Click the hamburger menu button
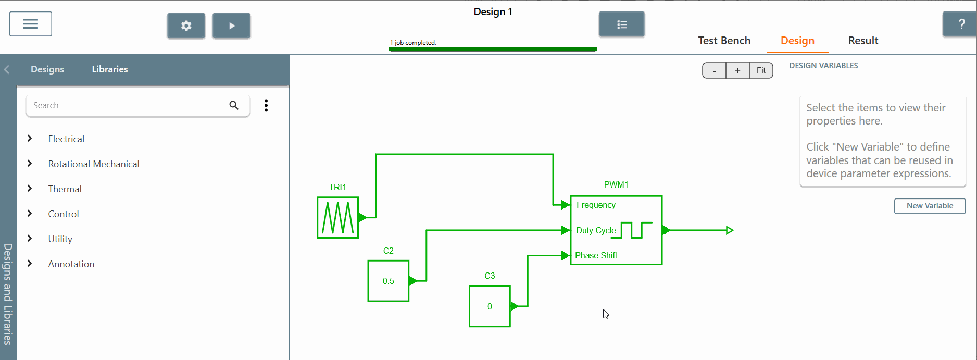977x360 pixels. coord(30,24)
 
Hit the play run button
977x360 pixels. coord(232,26)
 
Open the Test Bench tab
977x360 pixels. coord(724,41)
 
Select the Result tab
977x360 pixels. coord(863,41)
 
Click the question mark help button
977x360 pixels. coord(961,24)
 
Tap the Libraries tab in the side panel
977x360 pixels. coord(110,69)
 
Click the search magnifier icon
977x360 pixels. coord(234,105)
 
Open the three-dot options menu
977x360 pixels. coord(266,105)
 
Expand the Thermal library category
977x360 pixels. coord(65,189)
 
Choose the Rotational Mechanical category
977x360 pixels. coord(94,164)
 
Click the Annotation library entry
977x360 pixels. coord(71,264)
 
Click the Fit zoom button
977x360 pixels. coord(761,70)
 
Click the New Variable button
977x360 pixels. coord(930,206)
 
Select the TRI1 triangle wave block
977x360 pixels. coord(337,217)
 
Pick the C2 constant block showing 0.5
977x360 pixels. coord(388,281)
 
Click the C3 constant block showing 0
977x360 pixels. coord(490,306)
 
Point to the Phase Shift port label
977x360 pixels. coord(596,255)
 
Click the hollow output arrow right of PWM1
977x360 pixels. coord(730,230)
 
